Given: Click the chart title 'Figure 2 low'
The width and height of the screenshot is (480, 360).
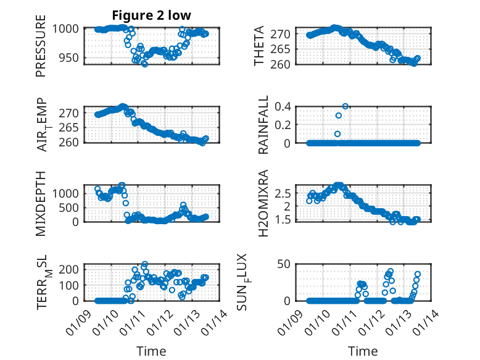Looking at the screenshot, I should [x=151, y=15].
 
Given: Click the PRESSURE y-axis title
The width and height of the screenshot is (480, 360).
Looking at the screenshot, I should [x=41, y=50].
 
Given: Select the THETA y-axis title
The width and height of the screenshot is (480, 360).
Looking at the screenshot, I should [x=259, y=46].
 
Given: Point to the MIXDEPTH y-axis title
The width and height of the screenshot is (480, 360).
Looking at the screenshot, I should [x=41, y=203].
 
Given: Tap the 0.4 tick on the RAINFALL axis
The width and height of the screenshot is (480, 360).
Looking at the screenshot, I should [x=283, y=106].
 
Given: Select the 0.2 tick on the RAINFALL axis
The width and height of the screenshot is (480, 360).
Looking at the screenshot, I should [x=283, y=125].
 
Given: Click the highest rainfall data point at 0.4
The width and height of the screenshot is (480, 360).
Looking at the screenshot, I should [x=346, y=106].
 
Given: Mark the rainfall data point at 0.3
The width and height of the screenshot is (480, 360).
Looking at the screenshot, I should [x=338, y=115].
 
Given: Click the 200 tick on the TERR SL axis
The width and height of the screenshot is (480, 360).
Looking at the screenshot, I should [x=69, y=269].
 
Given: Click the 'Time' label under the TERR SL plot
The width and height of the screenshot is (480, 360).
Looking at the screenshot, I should [x=151, y=351].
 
